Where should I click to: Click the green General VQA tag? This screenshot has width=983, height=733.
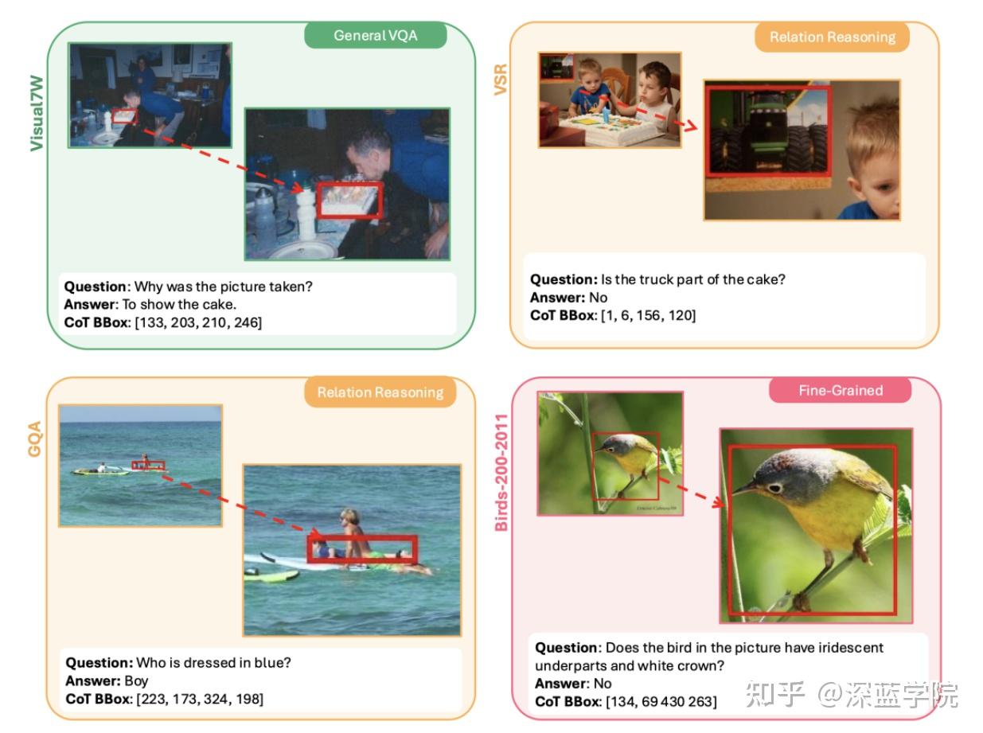(375, 36)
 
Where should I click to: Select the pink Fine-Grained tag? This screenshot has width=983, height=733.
(841, 390)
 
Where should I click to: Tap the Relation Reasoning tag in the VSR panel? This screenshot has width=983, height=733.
(832, 37)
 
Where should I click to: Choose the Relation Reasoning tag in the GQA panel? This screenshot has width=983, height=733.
(380, 392)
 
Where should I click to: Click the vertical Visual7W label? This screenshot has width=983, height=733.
(37, 98)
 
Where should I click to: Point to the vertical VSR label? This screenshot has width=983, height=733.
(501, 80)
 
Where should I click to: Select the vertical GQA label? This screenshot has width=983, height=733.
(35, 439)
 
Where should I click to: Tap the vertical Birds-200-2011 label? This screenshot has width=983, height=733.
(501, 473)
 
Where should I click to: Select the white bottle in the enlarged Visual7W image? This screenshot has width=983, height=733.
(306, 216)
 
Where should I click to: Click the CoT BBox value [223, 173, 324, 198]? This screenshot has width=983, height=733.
(200, 699)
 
